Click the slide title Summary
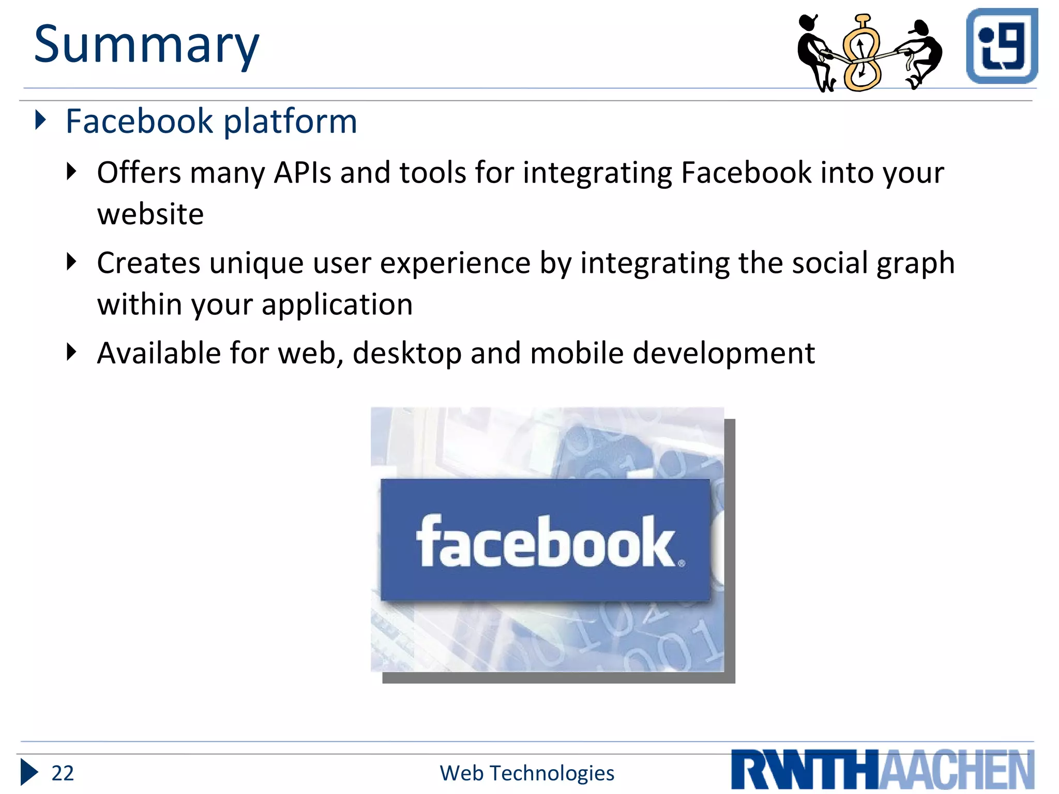click(x=146, y=45)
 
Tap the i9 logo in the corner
click(x=1002, y=45)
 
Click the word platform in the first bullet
click(x=290, y=122)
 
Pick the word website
click(x=150, y=214)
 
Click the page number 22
click(x=63, y=773)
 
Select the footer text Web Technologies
click(x=527, y=773)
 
